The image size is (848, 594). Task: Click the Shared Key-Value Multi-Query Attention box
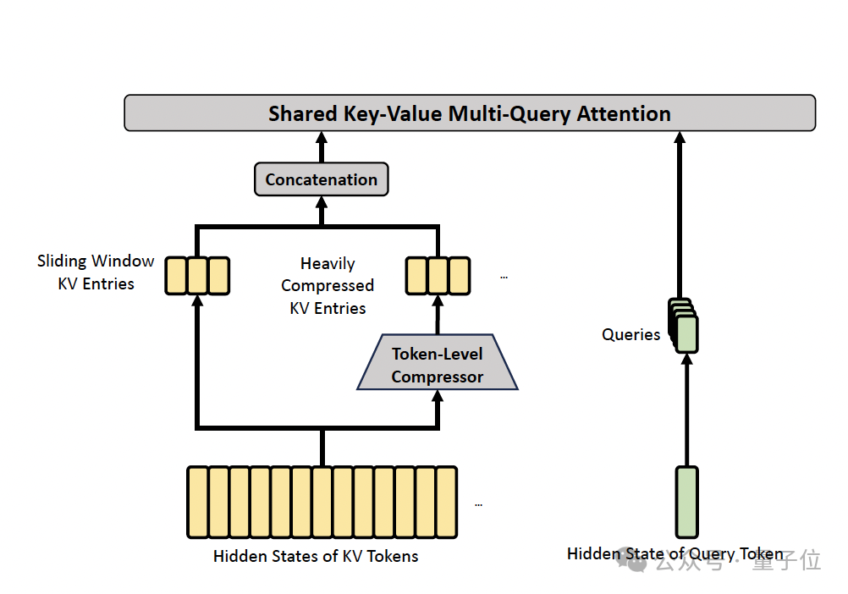(470, 113)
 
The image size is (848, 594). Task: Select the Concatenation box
(322, 179)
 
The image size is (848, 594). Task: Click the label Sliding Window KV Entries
(96, 272)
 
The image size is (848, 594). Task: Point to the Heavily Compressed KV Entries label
(328, 286)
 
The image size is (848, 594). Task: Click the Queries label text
(630, 334)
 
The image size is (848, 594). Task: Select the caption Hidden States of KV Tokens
(316, 556)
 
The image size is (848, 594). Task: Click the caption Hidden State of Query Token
(675, 553)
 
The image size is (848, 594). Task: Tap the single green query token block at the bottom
(687, 502)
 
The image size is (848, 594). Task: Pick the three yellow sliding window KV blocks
(196, 275)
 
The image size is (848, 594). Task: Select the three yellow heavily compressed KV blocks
(438, 275)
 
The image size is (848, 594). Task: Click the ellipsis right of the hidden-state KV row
(479, 504)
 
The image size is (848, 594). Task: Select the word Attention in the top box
(624, 113)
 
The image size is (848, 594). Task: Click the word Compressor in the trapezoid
(438, 377)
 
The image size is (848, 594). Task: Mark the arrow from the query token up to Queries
(687, 410)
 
